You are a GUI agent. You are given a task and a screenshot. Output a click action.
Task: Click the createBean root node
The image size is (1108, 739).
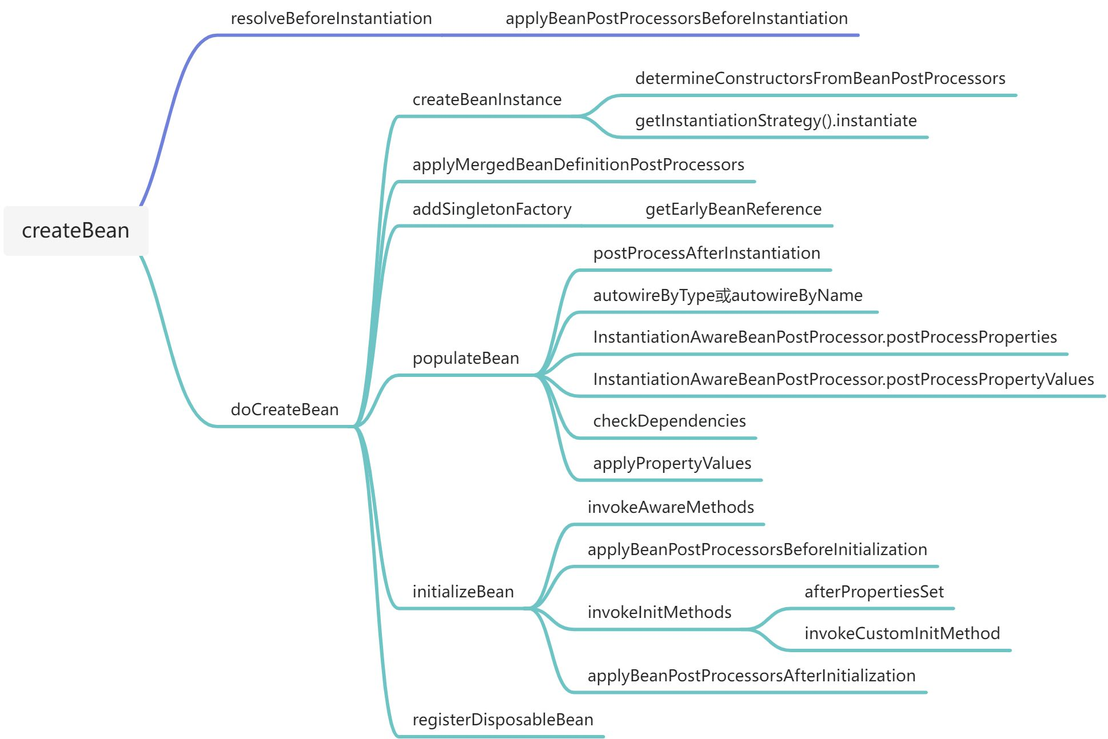coord(75,231)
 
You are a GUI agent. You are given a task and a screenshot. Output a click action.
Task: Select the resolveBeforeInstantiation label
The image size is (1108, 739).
coord(331,19)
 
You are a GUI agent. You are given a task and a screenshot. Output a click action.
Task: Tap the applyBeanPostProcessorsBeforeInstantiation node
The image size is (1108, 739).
coord(676,19)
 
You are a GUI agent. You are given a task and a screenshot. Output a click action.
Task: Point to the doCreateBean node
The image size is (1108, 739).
coord(284,409)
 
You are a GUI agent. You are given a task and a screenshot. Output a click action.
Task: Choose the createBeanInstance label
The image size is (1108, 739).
coord(487,100)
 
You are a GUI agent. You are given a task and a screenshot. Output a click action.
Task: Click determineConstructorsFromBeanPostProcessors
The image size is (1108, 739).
coord(820,79)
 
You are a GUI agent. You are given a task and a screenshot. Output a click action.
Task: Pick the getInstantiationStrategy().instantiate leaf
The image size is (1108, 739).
coord(775,121)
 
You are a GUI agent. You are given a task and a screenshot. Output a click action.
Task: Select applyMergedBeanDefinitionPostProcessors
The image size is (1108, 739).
coord(578,165)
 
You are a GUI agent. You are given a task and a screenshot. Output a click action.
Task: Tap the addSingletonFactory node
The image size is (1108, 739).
coord(492,210)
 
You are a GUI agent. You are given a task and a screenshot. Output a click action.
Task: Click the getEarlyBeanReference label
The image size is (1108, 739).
coord(733,210)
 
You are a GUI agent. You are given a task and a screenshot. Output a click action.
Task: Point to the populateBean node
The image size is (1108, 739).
coord(465,359)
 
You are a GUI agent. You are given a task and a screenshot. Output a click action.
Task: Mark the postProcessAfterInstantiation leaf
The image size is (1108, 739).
coord(706,254)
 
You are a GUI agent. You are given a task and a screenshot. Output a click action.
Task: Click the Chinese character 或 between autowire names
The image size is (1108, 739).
coord(723,296)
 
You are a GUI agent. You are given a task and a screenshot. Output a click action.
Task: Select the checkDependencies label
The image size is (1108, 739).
coord(669,421)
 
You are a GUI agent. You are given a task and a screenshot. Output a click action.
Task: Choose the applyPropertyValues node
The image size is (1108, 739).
coord(672,464)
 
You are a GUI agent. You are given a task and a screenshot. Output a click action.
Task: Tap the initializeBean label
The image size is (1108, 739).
coord(463,592)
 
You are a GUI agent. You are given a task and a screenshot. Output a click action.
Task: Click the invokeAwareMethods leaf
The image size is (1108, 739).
coord(670,508)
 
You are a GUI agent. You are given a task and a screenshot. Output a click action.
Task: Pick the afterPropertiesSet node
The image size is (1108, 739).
coord(874,592)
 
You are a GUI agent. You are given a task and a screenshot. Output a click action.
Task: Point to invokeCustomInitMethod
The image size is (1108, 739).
coord(902,634)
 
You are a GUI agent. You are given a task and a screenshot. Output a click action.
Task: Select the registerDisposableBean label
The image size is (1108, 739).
coord(503,720)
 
